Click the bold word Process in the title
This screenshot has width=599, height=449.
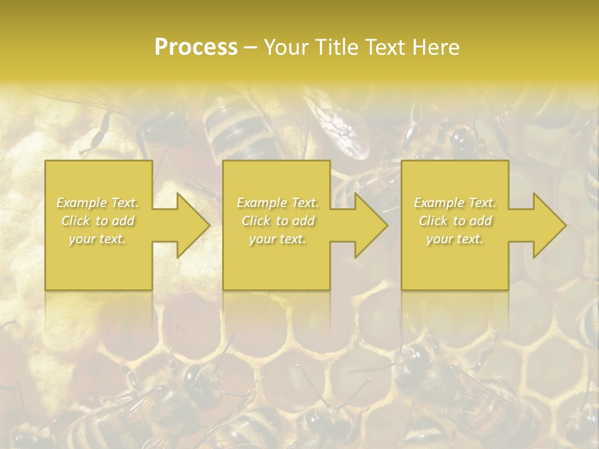tap(196, 47)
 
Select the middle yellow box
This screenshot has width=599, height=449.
tap(276, 262)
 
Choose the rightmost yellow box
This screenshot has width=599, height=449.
tap(454, 262)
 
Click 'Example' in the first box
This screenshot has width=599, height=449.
tap(82, 203)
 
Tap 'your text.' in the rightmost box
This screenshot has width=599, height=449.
tap(455, 239)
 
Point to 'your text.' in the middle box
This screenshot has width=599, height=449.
tap(277, 239)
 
